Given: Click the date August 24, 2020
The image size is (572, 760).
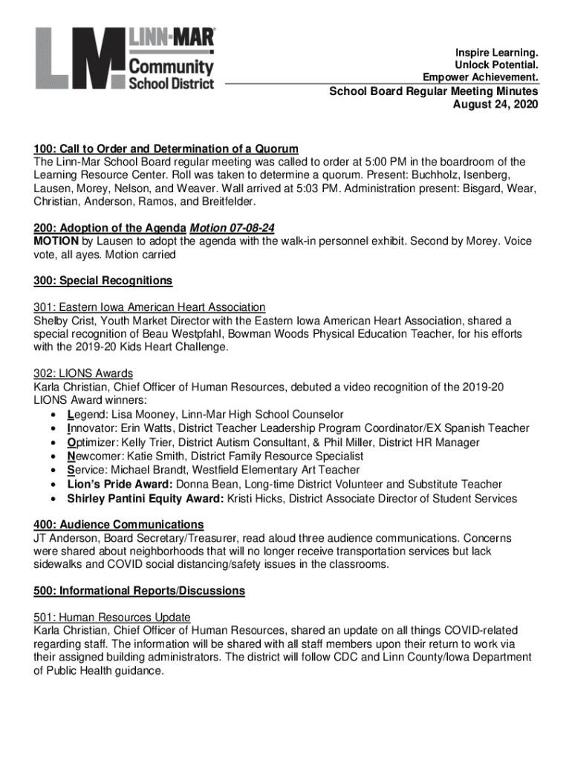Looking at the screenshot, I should point(495,105).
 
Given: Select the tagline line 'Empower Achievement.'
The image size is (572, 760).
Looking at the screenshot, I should point(481,77).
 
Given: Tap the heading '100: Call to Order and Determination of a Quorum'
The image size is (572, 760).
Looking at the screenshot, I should point(166,148).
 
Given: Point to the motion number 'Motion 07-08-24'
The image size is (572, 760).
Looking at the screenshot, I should point(233,229).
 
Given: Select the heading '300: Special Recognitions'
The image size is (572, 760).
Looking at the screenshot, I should point(103,281).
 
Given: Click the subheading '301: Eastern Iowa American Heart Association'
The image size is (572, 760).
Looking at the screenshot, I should point(149,307).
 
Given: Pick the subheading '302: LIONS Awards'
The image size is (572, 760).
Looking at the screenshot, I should point(83,373).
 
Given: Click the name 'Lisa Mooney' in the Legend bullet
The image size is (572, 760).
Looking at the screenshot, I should point(137,414).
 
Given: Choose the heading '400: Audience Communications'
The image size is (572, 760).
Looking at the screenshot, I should point(118,525).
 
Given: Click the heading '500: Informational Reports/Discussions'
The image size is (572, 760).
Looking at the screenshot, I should point(139,591).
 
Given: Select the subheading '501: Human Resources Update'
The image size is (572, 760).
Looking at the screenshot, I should point(111,617).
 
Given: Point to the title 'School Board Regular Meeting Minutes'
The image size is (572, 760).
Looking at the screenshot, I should point(434,91).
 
